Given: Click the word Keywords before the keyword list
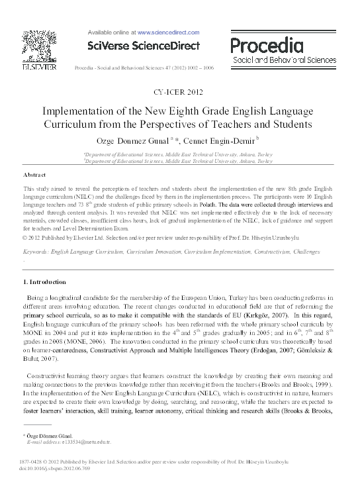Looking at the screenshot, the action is click(38, 252).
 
